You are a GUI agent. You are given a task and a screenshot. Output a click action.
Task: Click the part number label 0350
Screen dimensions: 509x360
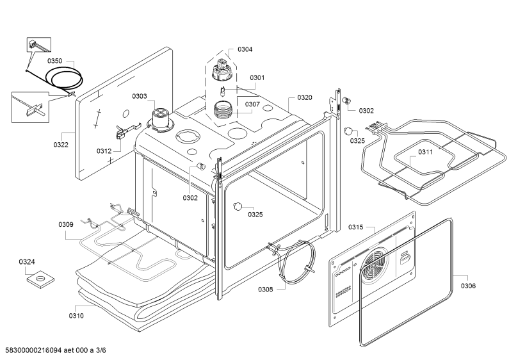point(54,61)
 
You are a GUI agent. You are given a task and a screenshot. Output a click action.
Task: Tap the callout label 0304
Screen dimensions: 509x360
point(245,49)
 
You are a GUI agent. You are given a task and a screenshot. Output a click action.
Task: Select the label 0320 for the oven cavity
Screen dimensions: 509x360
point(305,98)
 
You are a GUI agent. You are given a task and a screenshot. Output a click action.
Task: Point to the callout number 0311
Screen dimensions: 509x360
point(425,152)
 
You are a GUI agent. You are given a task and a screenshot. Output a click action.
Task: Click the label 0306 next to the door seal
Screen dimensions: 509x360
point(468,286)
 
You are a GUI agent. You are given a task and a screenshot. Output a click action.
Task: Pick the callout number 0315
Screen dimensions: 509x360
point(356,227)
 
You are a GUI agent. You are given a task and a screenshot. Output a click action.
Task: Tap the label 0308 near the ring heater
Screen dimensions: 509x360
point(266,289)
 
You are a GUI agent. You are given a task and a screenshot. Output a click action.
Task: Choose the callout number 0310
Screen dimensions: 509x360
point(76,316)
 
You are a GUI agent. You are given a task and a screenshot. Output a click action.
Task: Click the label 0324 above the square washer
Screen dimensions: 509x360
point(27,262)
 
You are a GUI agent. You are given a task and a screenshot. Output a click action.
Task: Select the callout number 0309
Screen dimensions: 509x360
point(66,224)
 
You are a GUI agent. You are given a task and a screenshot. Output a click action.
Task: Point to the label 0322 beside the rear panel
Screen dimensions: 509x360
point(61,145)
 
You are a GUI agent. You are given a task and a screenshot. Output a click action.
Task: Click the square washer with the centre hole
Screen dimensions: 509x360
point(40,279)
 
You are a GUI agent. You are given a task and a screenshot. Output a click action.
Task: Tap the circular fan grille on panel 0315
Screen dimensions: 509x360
point(375,265)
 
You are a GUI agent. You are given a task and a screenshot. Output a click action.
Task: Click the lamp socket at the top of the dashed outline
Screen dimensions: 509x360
point(222,69)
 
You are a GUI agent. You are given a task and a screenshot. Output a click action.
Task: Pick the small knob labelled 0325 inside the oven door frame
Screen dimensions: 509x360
point(238,206)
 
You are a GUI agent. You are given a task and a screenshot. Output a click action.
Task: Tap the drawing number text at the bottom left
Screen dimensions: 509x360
point(56,350)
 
